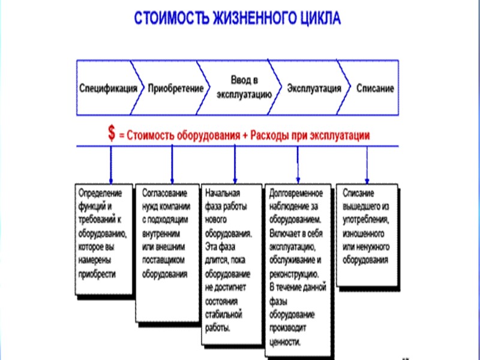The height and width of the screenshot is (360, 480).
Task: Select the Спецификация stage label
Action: click(108, 88)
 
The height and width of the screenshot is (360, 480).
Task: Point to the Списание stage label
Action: click(375, 88)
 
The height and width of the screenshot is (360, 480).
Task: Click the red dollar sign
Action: click(112, 134)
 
